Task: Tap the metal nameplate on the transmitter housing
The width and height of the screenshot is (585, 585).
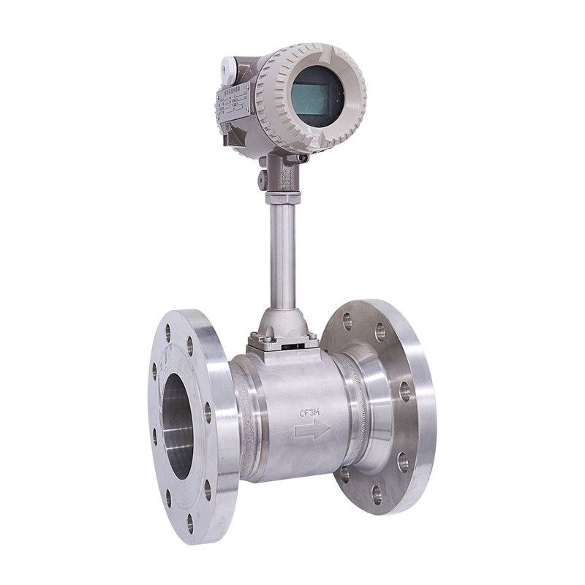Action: click(233, 102)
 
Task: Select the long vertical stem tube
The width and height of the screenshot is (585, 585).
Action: click(283, 256)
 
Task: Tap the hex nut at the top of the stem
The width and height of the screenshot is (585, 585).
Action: click(282, 197)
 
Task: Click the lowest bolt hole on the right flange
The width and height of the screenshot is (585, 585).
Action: click(375, 495)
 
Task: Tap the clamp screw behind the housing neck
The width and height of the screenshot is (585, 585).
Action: click(301, 157)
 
